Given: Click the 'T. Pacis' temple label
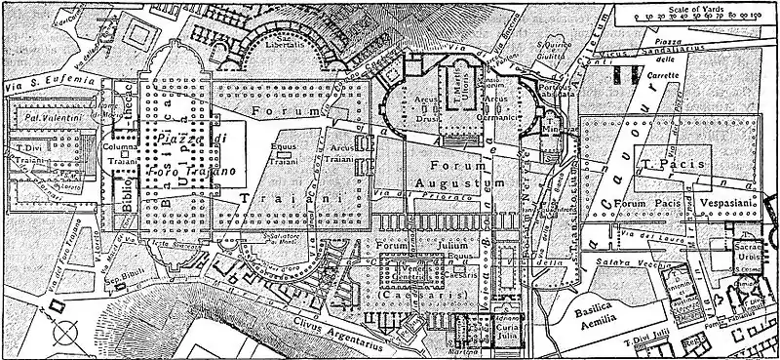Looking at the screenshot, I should [662, 164].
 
